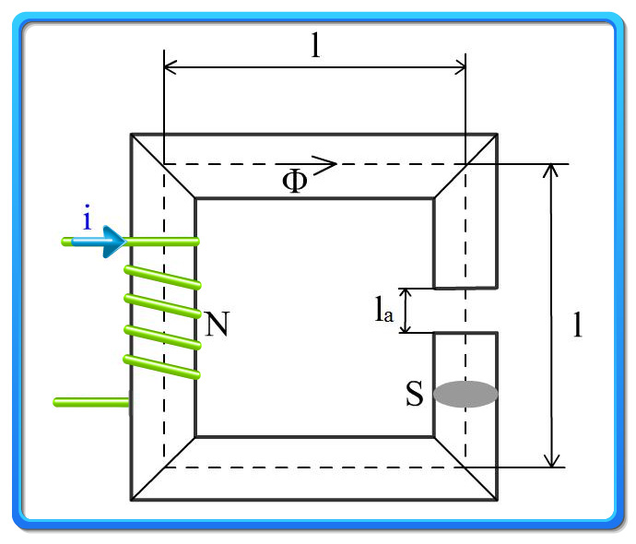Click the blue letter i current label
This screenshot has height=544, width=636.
(x=87, y=218)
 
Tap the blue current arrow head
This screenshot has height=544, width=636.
(x=114, y=242)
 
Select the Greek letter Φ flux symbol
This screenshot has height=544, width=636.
(x=295, y=181)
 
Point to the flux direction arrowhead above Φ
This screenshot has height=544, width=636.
(x=325, y=164)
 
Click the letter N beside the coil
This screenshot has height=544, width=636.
(x=217, y=324)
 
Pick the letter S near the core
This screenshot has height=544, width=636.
(x=415, y=393)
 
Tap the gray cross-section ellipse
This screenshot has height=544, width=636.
(x=465, y=394)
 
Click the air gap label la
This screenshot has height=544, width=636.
(x=383, y=309)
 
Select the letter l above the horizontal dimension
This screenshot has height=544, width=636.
(x=315, y=44)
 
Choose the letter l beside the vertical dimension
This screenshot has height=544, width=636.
(x=578, y=325)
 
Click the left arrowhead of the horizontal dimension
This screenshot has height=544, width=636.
(x=170, y=67)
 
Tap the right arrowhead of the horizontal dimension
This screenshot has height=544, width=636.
(x=460, y=67)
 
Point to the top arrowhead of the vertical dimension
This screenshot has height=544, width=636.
(x=550, y=171)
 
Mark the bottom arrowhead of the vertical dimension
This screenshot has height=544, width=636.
(x=551, y=461)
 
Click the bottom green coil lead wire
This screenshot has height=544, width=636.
(x=91, y=402)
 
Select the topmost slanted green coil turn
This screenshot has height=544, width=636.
(x=162, y=278)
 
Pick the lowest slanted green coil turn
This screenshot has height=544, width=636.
(x=162, y=367)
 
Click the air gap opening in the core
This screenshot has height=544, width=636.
(x=465, y=311)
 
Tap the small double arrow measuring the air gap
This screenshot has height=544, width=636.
(x=406, y=311)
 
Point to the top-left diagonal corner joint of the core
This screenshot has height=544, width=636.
(x=163, y=166)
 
